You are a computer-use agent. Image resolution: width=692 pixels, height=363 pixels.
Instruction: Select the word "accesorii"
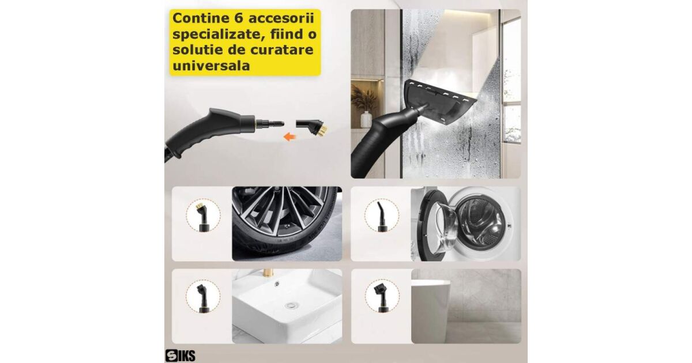tap(281, 18)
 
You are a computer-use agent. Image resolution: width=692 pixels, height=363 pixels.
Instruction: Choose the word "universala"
tap(211, 66)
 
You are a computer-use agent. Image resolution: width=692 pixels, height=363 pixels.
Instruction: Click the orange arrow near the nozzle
tap(289, 137)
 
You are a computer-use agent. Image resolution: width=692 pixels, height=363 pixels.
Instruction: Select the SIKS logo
tap(180, 356)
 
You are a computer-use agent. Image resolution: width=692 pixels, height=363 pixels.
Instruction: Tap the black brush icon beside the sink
tap(202, 298)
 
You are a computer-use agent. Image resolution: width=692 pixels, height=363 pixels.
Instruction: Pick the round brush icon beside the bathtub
tap(381, 298)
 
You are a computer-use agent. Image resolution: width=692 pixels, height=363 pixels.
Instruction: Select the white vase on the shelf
tap(366, 119)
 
